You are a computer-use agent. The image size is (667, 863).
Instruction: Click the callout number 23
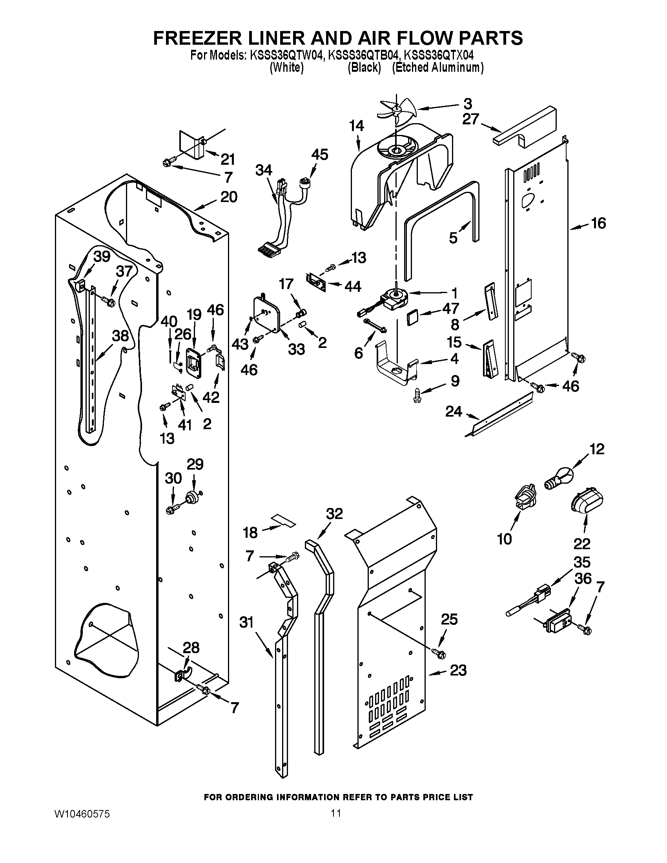[458, 670]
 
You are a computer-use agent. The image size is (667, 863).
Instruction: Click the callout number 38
[120, 336]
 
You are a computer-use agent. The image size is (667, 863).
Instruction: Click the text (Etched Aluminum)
[437, 68]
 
